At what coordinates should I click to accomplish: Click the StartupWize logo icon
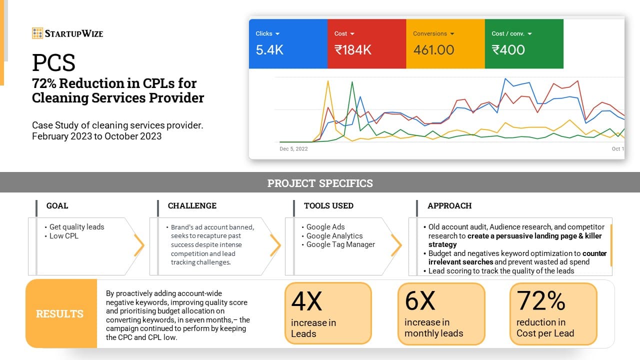(37, 33)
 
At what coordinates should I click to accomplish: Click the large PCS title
(53, 62)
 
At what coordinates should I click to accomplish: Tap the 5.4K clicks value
(269, 50)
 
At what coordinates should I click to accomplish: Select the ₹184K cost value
(353, 50)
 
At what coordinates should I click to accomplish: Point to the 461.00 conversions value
(433, 50)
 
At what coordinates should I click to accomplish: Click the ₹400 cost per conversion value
(508, 50)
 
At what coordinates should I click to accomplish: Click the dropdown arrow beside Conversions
(452, 33)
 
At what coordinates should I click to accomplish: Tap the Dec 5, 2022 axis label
(293, 149)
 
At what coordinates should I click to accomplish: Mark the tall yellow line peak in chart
(328, 81)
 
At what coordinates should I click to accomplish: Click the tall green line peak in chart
(352, 82)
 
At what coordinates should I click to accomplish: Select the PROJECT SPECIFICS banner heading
(320, 183)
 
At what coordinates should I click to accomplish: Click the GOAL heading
(57, 205)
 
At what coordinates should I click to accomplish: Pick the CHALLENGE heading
(192, 205)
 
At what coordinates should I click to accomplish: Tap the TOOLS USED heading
(328, 205)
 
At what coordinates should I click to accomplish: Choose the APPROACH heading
(449, 205)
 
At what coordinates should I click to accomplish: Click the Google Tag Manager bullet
(340, 244)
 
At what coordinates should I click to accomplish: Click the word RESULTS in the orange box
(59, 313)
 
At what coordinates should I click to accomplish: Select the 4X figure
(307, 301)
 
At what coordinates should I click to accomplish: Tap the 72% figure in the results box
(541, 300)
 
